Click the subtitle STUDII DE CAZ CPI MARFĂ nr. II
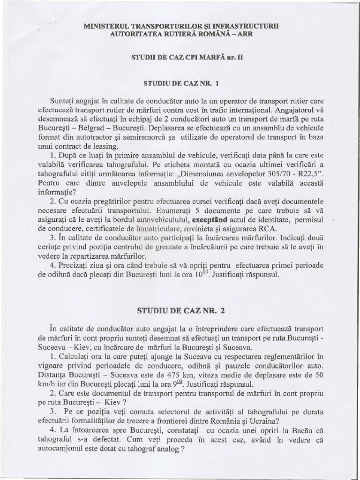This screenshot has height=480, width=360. [x=180, y=58]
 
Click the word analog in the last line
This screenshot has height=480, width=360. [x=163, y=447]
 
